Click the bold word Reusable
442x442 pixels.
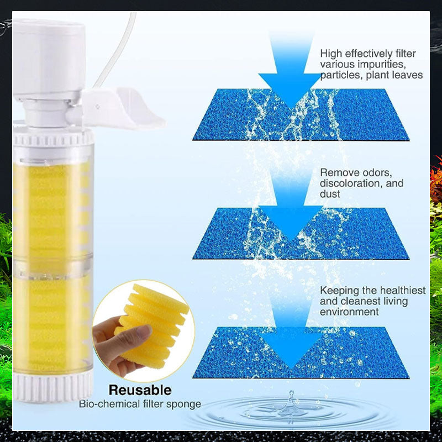coord(140,390)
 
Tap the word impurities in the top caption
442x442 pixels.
coord(382,65)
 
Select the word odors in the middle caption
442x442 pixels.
coord(377,172)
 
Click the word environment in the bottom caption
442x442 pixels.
coord(349,312)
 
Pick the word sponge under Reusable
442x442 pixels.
coord(183,404)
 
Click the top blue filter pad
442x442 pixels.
coord(301,115)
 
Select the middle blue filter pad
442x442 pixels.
coord(301,234)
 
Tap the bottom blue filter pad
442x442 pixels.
coord(301,352)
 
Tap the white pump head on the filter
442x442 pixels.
coord(49,59)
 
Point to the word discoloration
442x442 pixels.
coord(351,183)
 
